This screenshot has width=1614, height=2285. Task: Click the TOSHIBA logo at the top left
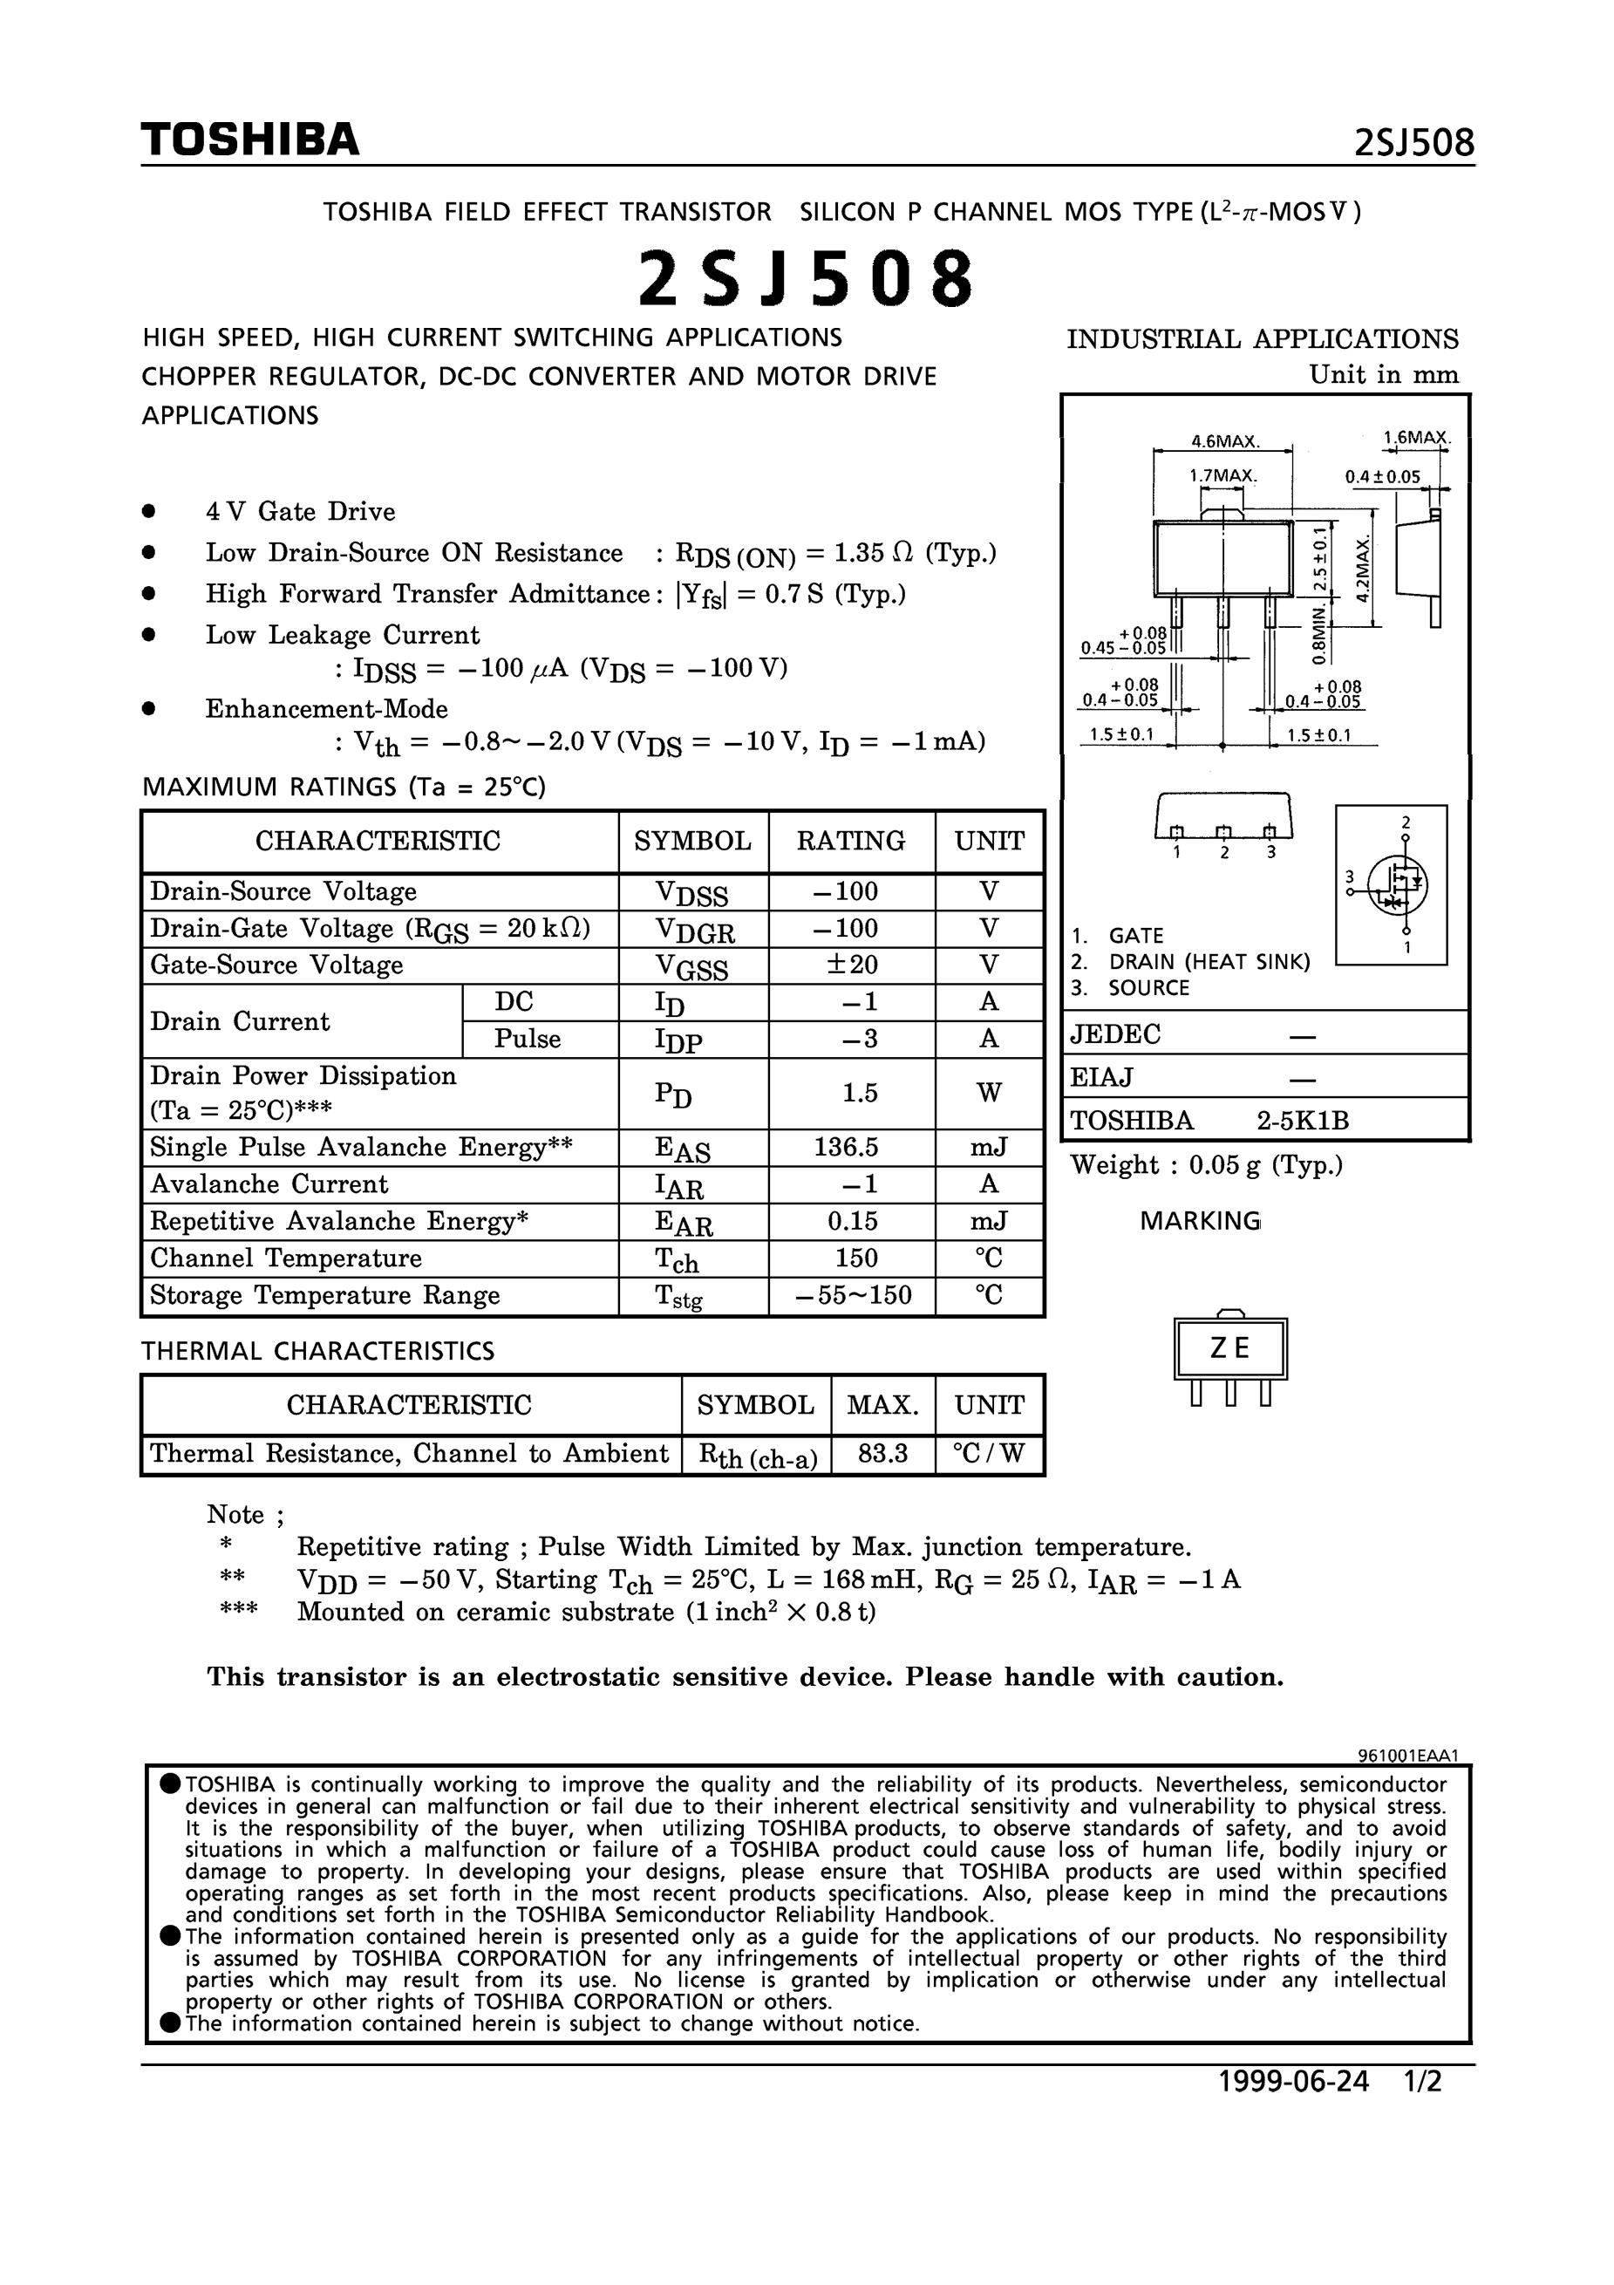[249, 140]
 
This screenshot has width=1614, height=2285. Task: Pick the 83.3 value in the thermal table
[882, 1454]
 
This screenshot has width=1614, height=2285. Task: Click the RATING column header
[851, 841]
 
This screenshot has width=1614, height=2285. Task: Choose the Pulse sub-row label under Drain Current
[528, 1039]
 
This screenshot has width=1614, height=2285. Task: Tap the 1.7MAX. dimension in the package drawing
[1223, 475]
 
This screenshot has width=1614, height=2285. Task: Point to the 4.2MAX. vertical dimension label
[1362, 565]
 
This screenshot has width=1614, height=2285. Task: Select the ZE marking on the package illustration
[1230, 1347]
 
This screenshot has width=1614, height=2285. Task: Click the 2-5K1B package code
[1302, 1121]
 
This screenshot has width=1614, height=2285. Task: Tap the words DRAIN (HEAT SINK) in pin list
[1209, 961]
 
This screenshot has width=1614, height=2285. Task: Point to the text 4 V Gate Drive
[301, 512]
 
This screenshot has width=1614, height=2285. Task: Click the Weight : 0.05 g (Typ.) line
[1206, 1164]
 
